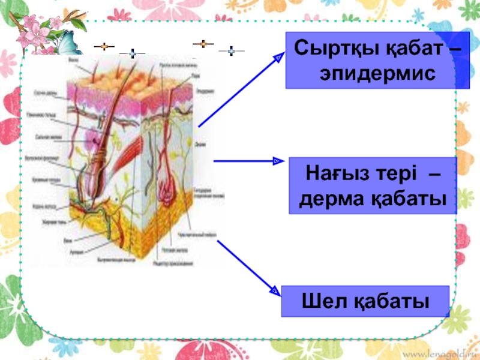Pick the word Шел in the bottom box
(318, 301)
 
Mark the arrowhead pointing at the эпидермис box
(278, 57)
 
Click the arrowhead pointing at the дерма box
(277, 161)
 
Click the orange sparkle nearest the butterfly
(104, 46)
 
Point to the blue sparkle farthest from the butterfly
(230, 51)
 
